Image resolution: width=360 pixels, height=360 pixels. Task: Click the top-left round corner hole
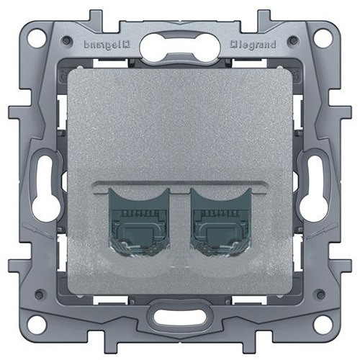pos(36,37)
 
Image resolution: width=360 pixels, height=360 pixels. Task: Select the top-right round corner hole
pos(323,37)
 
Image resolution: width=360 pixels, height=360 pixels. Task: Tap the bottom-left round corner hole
pos(36,323)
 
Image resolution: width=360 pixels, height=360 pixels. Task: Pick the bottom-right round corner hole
pos(323,323)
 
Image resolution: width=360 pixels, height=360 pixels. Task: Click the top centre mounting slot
pos(180,46)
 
